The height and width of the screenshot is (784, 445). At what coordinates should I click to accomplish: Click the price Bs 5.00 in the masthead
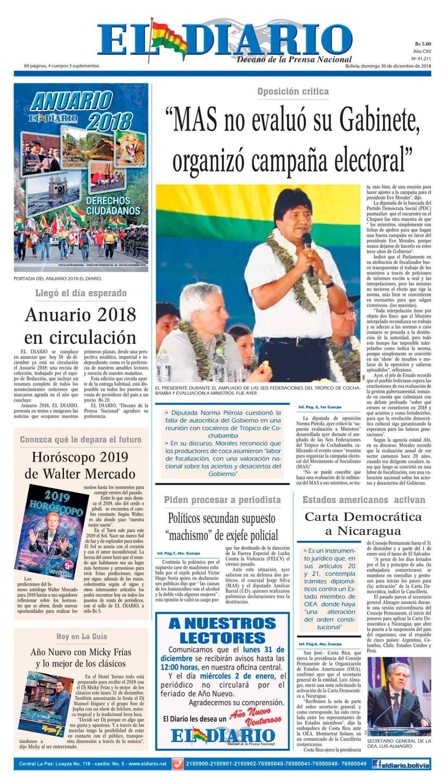coord(423,44)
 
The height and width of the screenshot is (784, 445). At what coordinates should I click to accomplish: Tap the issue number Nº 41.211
coord(421,59)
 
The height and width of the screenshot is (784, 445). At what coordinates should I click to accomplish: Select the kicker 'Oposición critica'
coord(293,92)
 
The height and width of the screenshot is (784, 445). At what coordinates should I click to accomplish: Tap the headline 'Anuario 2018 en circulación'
coord(80,326)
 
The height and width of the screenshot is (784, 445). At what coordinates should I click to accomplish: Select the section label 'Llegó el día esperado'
coord(81,293)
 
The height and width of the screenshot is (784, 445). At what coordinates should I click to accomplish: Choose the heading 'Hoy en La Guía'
coord(82,636)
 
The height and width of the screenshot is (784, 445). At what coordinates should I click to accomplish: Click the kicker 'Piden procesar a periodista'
coord(222,500)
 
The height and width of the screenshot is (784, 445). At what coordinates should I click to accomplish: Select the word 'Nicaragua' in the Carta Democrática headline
coord(363,531)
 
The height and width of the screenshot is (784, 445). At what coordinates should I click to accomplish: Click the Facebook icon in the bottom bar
coord(378,764)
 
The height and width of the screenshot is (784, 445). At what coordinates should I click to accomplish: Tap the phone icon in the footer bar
coord(178,764)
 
